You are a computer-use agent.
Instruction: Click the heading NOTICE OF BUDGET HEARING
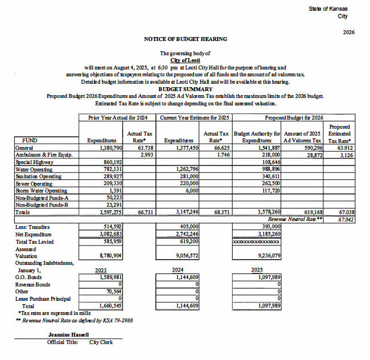[x=185, y=39]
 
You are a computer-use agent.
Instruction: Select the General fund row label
[x=25, y=147]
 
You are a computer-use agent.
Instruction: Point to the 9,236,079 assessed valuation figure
[x=265, y=256]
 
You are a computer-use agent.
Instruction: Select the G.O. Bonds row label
[x=27, y=277]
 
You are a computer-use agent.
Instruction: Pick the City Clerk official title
[x=101, y=342]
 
